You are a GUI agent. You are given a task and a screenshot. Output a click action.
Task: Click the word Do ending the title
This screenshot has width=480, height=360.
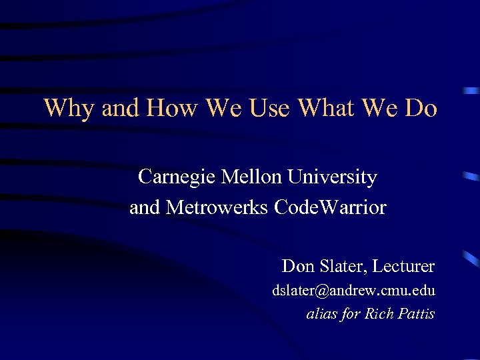point(421,107)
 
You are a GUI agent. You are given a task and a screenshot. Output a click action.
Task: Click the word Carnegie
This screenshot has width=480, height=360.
point(177,178)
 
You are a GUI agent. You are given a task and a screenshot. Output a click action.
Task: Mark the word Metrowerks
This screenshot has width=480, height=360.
point(217,208)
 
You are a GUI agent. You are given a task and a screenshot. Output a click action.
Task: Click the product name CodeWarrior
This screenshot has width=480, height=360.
point(330,208)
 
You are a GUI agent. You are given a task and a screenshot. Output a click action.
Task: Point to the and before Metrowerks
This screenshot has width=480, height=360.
point(145,208)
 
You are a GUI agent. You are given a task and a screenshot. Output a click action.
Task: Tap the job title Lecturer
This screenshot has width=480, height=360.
point(403,267)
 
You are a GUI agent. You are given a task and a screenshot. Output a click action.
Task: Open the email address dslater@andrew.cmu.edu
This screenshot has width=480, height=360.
point(353,291)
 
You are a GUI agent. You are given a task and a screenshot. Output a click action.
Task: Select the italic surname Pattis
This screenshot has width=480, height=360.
point(417,313)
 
